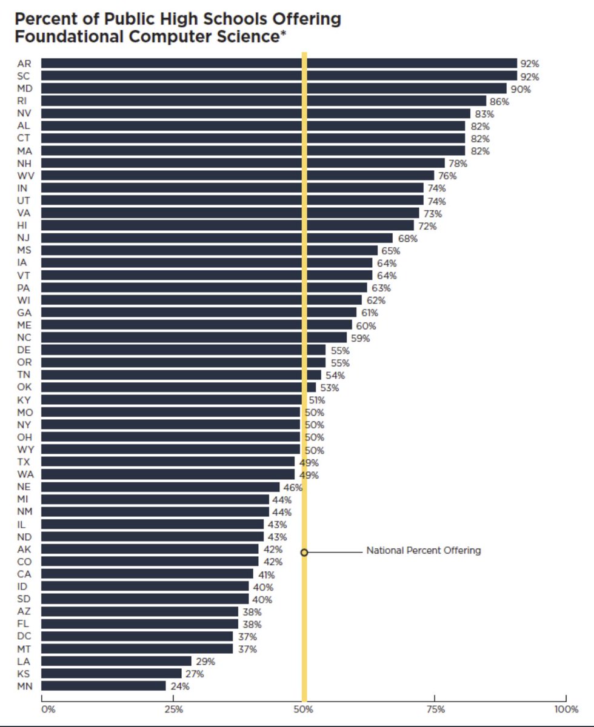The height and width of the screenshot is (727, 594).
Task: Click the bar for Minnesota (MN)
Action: pyautogui.click(x=103, y=686)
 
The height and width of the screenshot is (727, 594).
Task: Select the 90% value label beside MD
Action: pyautogui.click(x=521, y=88)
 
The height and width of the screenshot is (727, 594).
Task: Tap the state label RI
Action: pyautogui.click(x=22, y=101)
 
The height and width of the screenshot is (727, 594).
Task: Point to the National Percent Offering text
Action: pyautogui.click(x=423, y=551)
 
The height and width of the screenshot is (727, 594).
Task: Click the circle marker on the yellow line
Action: pyautogui.click(x=304, y=552)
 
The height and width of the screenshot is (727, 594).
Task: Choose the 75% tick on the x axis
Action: pyautogui.click(x=435, y=709)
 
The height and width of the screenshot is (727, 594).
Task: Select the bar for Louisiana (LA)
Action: pyautogui.click(x=116, y=661)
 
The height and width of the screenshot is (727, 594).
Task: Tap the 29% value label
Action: pyautogui.click(x=205, y=662)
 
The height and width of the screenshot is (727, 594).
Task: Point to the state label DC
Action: pyautogui.click(x=24, y=636)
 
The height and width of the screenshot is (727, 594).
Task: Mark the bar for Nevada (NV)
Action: pyautogui.click(x=255, y=113)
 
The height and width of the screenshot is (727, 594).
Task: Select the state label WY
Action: pyautogui.click(x=25, y=450)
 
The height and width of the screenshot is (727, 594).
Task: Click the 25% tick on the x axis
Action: pyautogui.click(x=173, y=709)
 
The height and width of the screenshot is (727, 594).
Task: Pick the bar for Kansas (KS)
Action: pyautogui.click(x=111, y=674)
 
